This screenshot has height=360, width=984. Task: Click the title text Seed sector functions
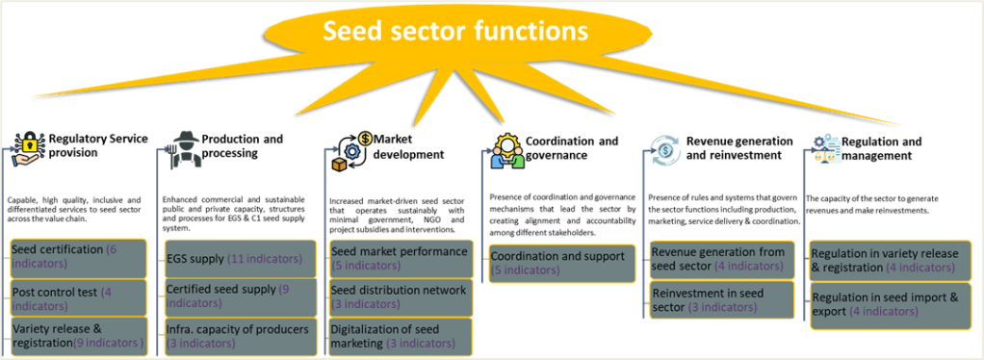pos(455,32)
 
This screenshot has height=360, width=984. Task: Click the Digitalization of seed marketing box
pos(401,336)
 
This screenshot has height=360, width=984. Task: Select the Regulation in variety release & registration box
pos(885,260)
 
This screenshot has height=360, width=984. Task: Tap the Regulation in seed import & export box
pos(885,304)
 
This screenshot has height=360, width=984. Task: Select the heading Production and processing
pos(241,146)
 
